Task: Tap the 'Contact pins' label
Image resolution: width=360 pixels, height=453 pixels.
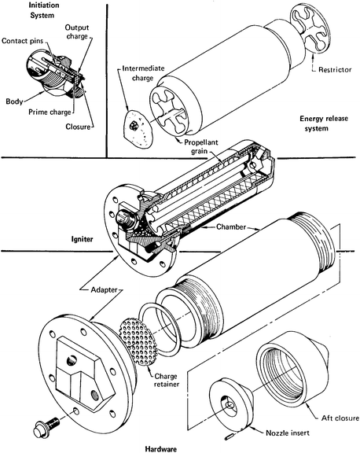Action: (x=20, y=40)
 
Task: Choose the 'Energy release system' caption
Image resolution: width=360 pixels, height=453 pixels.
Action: (x=321, y=124)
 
